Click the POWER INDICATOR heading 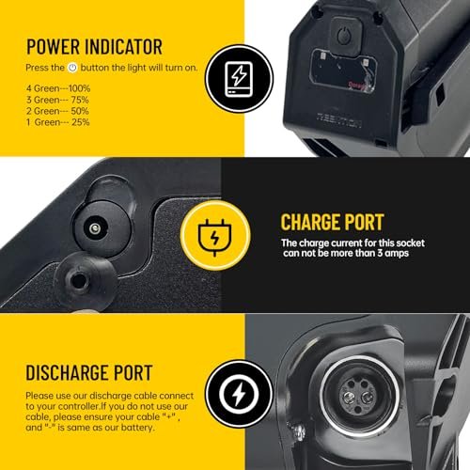tap(94, 47)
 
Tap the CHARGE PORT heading tap(332, 222)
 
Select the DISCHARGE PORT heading tap(89, 372)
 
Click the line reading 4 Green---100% tap(58, 88)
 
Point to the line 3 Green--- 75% tap(57, 100)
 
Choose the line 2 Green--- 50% tap(57, 111)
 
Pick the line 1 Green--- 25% tap(58, 122)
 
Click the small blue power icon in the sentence tap(72, 68)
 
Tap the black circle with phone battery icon tap(239, 79)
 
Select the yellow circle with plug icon tap(215, 236)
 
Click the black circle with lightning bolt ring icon tap(239, 394)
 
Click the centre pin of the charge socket tap(94, 228)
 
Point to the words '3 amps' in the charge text tap(393, 253)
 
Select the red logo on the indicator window tap(356, 85)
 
